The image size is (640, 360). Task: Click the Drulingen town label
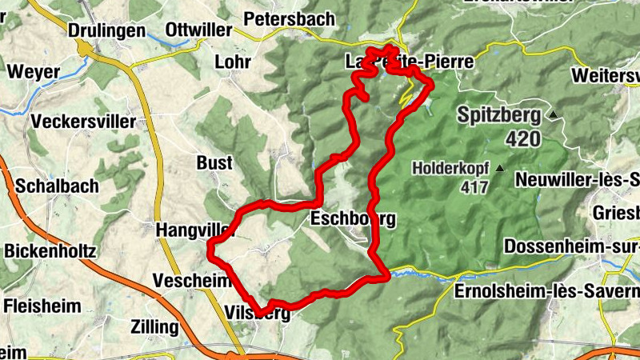107,30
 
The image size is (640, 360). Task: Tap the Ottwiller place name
198,30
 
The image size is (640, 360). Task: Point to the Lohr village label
233,62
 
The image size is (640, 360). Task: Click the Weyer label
33,71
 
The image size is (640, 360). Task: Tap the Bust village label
214,163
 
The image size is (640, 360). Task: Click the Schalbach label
57,186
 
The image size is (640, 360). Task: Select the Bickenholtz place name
50,251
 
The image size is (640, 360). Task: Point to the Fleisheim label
42,305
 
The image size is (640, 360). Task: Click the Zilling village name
157,326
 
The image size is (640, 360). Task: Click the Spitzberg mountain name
499,115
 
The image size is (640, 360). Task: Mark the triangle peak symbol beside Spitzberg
552,116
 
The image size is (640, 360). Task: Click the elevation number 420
523,139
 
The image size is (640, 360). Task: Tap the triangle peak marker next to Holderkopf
500,168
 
